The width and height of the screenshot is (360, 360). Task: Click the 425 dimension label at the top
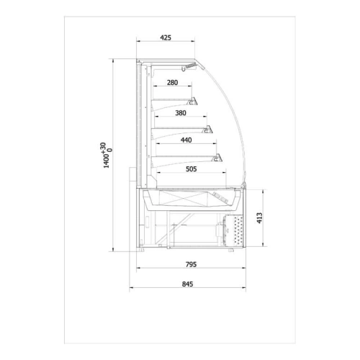click(x=166, y=37)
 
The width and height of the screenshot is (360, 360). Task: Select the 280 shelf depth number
click(x=172, y=83)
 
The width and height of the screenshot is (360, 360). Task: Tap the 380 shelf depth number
click(x=181, y=113)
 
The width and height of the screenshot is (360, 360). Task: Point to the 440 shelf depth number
click(x=186, y=140)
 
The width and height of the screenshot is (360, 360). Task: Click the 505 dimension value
click(x=192, y=169)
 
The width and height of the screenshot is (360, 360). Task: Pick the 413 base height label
click(x=259, y=218)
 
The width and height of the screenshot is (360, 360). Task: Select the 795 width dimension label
click(x=191, y=264)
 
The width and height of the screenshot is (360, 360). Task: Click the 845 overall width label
click(x=187, y=284)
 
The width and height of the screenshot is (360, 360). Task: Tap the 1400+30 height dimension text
click(x=107, y=155)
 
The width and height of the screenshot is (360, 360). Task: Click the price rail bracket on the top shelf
click(x=192, y=102)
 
